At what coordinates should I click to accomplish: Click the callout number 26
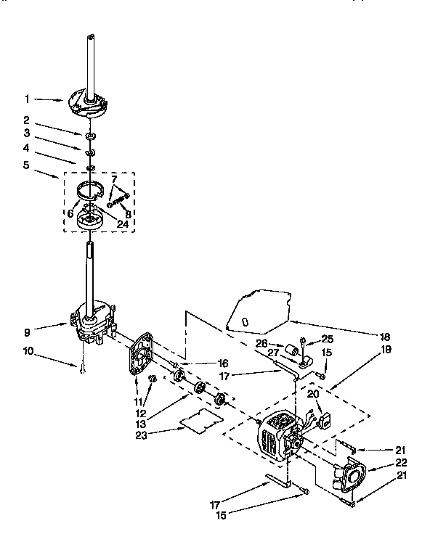[x=262, y=343]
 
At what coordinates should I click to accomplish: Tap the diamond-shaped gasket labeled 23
[x=200, y=421]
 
